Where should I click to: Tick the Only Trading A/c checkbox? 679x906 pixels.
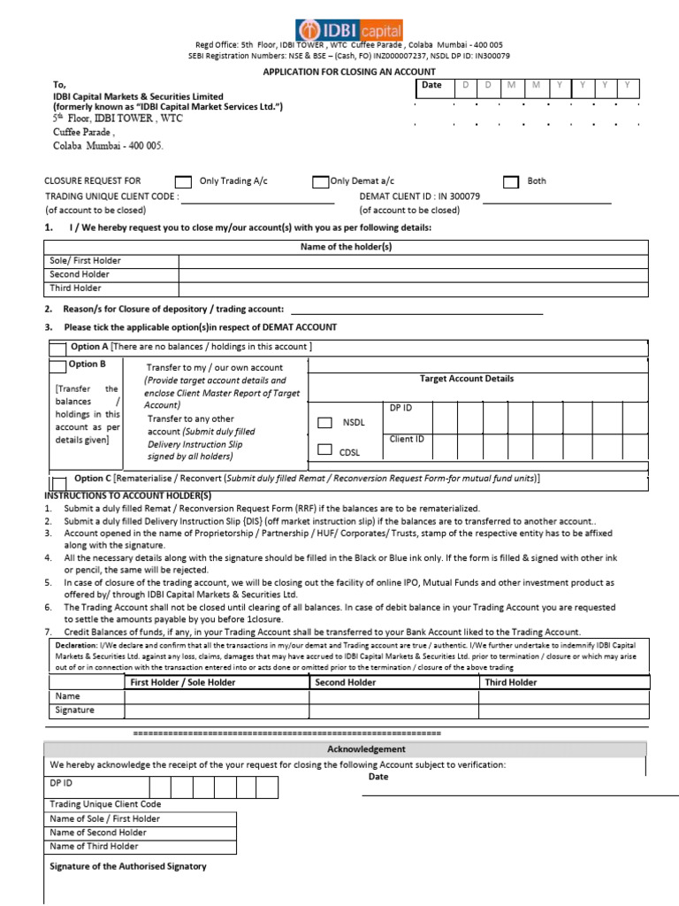tap(183, 182)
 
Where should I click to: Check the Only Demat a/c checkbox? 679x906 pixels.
tap(320, 182)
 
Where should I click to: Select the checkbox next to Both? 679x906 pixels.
tap(510, 182)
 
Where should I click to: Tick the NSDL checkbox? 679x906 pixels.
tap(325, 423)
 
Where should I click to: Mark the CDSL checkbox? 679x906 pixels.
tap(325, 450)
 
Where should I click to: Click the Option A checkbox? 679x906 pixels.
tap(57, 348)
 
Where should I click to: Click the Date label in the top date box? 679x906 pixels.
tap(431, 85)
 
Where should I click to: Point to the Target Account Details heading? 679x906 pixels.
tap(466, 379)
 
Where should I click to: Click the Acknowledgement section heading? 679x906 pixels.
tap(354, 749)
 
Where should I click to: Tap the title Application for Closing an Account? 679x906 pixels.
tap(349, 72)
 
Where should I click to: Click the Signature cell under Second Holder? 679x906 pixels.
tap(393, 710)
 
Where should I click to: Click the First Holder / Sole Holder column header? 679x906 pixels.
tap(183, 683)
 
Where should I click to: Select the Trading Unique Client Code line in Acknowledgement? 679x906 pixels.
tap(105, 804)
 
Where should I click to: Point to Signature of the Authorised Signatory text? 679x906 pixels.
tap(128, 866)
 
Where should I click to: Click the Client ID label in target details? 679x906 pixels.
tap(407, 439)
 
